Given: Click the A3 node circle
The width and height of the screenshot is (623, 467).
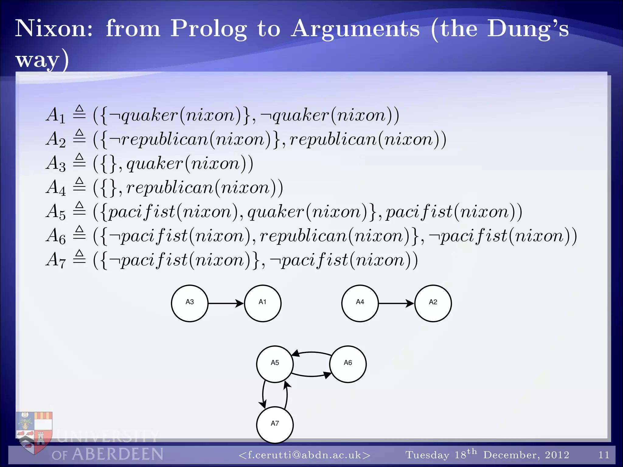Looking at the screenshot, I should [190, 303].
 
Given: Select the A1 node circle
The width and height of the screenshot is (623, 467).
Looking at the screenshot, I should [263, 303].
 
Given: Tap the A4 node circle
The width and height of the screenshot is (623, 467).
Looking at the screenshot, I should [360, 303].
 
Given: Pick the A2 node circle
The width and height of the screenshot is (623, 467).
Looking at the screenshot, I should [433, 303].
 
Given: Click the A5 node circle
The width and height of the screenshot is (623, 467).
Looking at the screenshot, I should [275, 364].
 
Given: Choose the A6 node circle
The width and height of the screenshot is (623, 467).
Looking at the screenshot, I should [348, 364].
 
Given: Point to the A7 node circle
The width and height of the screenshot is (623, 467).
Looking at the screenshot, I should [275, 425].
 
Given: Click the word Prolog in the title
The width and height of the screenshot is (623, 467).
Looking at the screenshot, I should [208, 29].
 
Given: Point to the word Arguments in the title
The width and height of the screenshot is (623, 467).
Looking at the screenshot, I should [355, 29].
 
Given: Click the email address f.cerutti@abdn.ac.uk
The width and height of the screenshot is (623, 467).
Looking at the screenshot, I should [305, 455].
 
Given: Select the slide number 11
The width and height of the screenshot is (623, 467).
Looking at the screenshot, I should [604, 455].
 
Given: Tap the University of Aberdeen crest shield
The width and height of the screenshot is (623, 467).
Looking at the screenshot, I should [34, 432].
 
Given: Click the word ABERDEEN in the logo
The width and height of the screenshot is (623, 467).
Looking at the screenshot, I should [117, 454].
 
